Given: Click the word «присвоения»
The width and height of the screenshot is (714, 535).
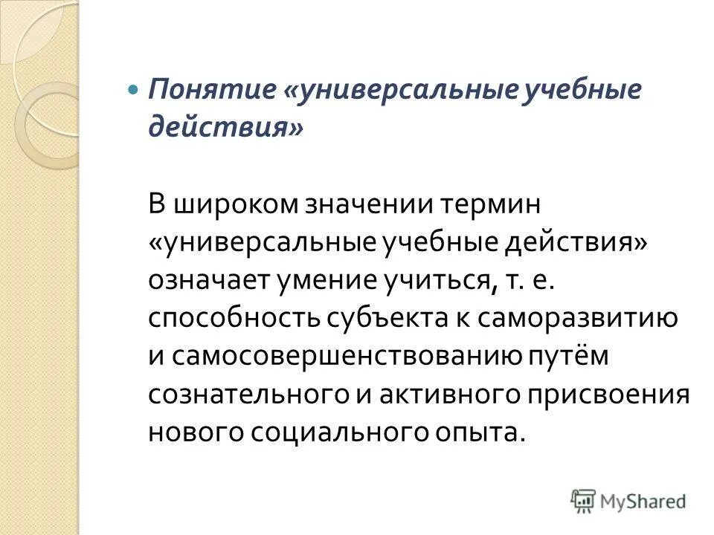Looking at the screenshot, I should click(x=608, y=395).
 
